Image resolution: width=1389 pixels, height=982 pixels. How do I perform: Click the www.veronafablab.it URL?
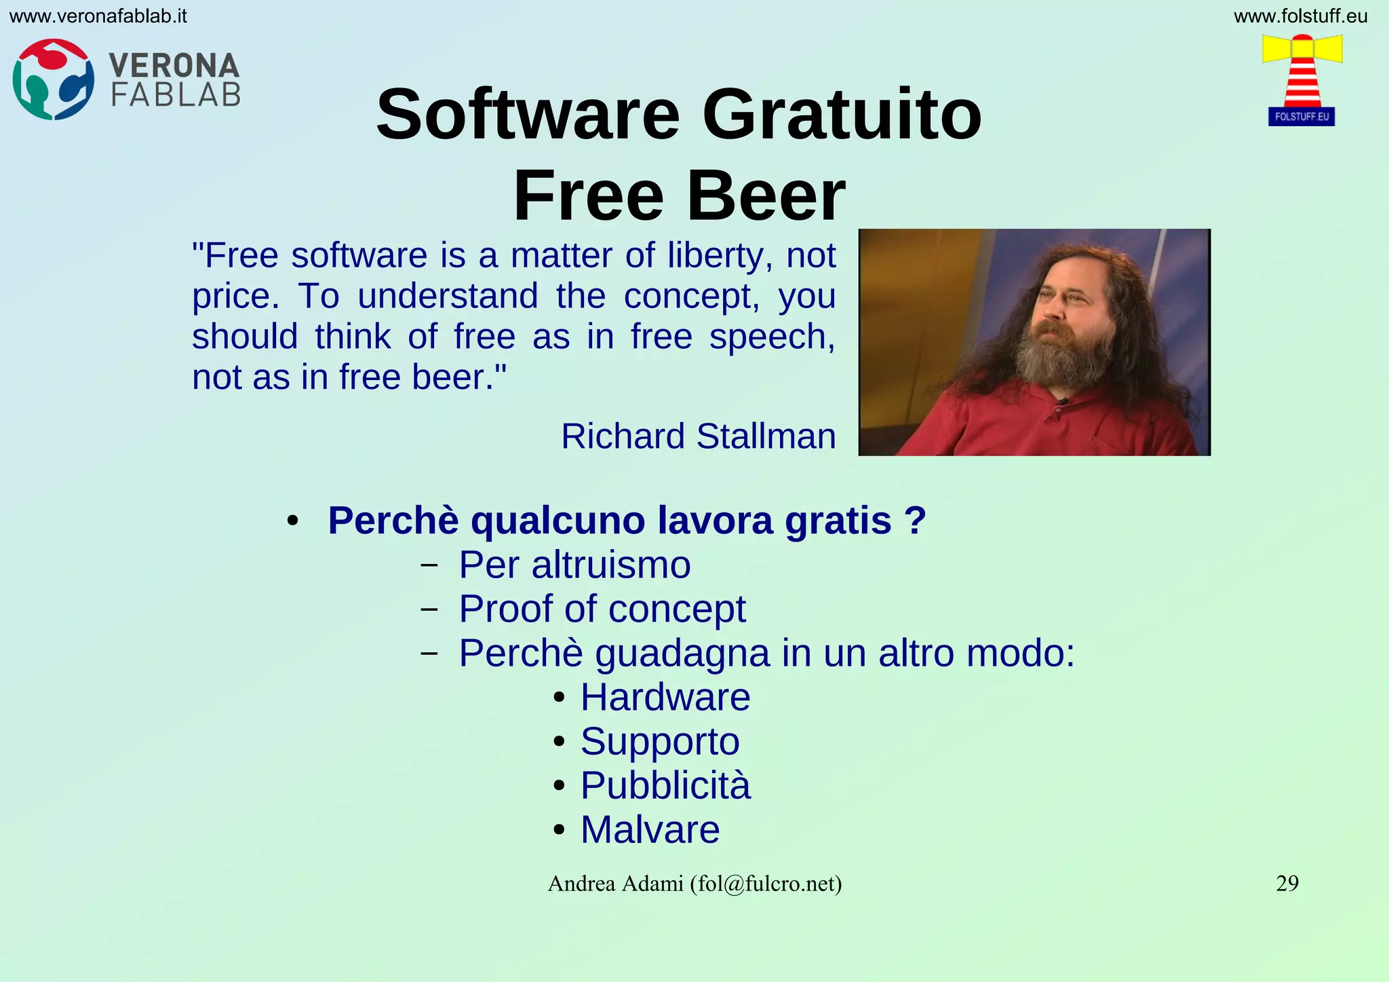click(98, 16)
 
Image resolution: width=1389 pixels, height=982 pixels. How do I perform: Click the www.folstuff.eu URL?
click(1300, 16)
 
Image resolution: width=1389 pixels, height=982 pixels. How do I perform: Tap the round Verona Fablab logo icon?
click(53, 79)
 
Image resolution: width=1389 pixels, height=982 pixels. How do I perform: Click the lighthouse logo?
click(1302, 80)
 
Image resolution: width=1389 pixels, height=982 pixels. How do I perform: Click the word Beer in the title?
click(766, 196)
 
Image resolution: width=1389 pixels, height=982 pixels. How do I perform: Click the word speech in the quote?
click(772, 337)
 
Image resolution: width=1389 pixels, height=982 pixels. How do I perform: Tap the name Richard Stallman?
click(698, 436)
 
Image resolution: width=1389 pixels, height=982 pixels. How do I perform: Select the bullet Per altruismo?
click(574, 565)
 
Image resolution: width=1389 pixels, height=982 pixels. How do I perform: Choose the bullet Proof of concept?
click(602, 609)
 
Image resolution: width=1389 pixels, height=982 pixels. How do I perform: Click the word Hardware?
click(665, 697)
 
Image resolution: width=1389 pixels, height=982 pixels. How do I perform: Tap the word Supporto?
click(660, 741)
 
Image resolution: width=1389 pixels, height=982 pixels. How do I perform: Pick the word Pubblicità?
click(665, 785)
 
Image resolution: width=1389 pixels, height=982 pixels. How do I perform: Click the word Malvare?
click(650, 829)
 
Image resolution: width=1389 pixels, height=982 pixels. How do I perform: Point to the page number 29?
click(1287, 883)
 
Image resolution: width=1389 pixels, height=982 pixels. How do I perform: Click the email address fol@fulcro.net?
click(766, 884)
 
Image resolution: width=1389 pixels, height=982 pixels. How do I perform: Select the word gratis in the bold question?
click(838, 521)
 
